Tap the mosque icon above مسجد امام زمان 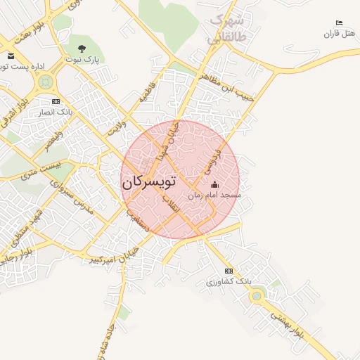pos(214,185)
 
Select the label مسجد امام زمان pos(214,195)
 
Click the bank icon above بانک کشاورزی pos(228,271)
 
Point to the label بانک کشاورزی pos(229,281)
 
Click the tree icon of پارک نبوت pos(82,49)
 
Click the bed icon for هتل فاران pos(340,23)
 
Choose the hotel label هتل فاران pos(341,34)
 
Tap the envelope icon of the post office pos(10,56)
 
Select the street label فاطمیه pos(146,92)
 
